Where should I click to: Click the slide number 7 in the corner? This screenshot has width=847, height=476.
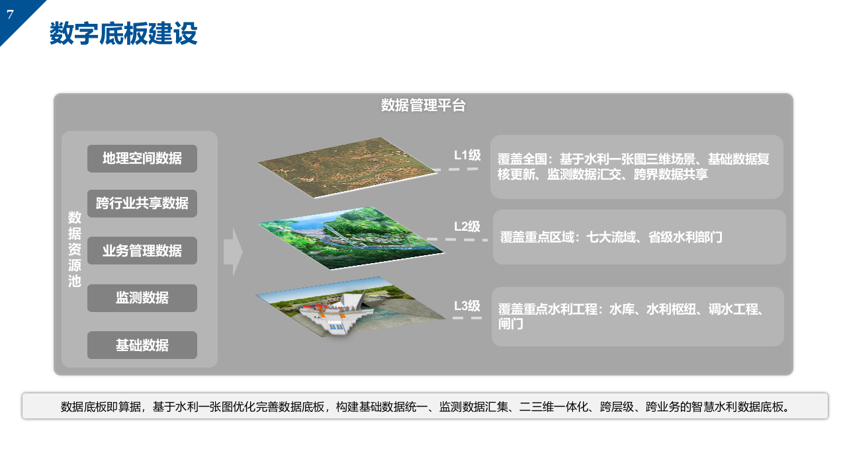pyautogui.click(x=10, y=15)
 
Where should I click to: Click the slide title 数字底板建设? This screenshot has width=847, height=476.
pyautogui.click(x=123, y=34)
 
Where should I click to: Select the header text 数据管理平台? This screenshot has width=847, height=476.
pyautogui.click(x=423, y=106)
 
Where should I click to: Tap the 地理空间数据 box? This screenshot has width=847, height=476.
pyautogui.click(x=142, y=159)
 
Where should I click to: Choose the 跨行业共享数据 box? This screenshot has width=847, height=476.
pyautogui.click(x=142, y=204)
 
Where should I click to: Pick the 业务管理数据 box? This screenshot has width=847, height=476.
pyautogui.click(x=142, y=251)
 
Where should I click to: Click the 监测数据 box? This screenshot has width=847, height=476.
pyautogui.click(x=142, y=298)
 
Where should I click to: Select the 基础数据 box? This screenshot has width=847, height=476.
pyautogui.click(x=142, y=345)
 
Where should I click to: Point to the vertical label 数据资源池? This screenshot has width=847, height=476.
pyautogui.click(x=75, y=249)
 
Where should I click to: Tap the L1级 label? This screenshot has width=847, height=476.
pyautogui.click(x=467, y=155)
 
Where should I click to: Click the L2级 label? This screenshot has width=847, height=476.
pyautogui.click(x=467, y=227)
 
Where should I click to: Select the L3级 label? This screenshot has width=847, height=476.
pyautogui.click(x=467, y=306)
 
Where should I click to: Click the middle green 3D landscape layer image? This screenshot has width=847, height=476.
pyautogui.click(x=351, y=238)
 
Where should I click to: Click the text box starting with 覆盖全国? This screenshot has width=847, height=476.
pyautogui.click(x=637, y=167)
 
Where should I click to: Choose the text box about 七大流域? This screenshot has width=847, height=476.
pyautogui.click(x=639, y=237)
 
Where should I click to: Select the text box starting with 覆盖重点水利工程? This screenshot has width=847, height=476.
pyautogui.click(x=637, y=317)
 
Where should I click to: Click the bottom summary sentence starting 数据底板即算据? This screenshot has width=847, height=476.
pyautogui.click(x=425, y=407)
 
